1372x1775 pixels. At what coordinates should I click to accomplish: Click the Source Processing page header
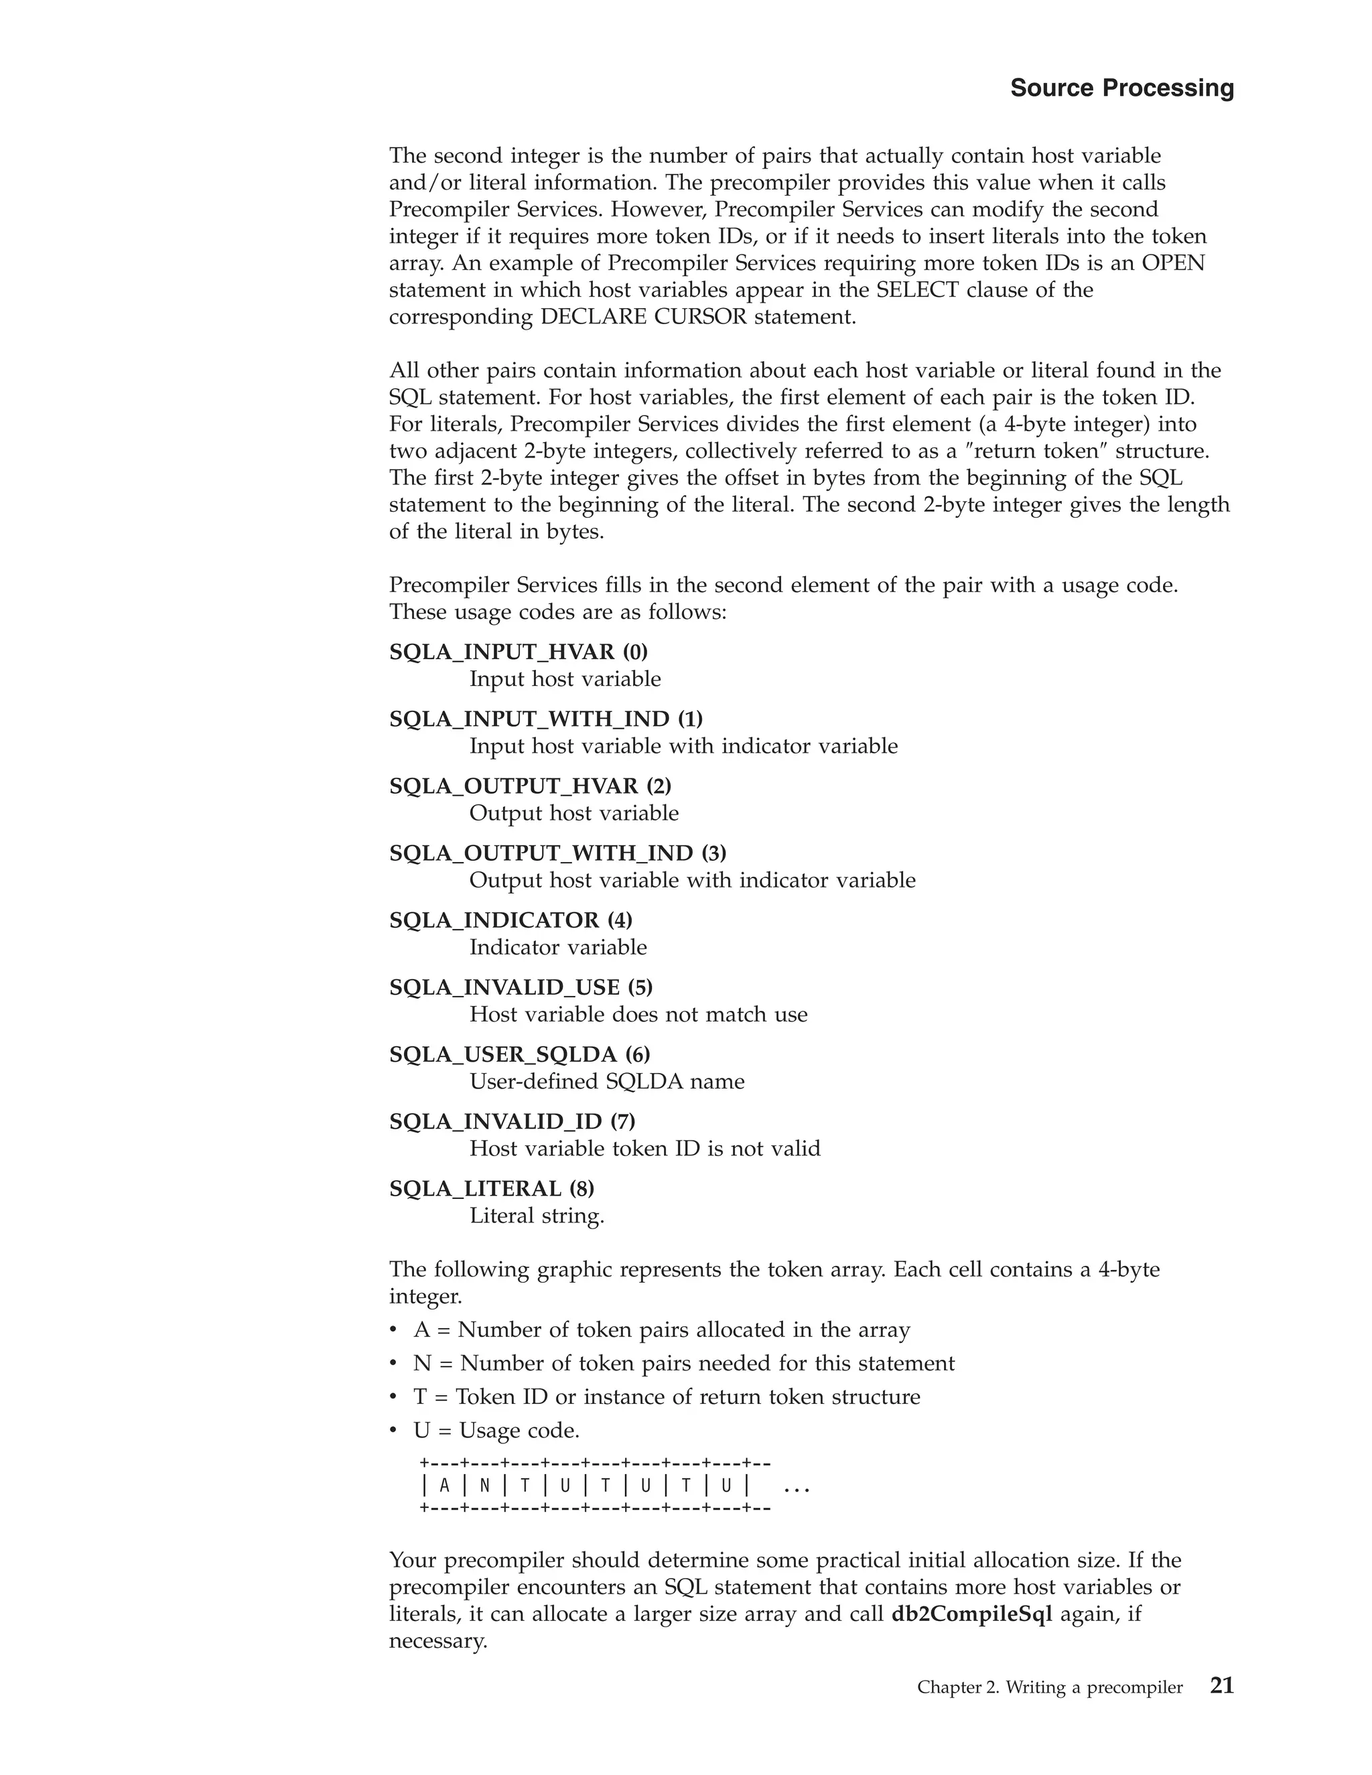1121,88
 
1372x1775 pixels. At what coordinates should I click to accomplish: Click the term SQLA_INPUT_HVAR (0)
519,652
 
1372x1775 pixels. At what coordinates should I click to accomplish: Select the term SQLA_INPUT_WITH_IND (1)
545,719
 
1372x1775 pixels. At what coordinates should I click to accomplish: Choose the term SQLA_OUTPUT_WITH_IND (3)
557,853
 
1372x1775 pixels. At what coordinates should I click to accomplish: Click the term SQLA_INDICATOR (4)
510,920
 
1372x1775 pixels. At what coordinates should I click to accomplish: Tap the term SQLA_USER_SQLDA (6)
519,1054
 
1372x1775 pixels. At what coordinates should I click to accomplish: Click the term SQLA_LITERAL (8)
492,1188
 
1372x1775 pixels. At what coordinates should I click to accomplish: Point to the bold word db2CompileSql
971,1614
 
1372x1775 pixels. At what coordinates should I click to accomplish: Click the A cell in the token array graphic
443,1486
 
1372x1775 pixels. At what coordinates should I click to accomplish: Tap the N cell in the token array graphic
484,1486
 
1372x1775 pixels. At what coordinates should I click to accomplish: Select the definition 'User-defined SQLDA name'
606,1081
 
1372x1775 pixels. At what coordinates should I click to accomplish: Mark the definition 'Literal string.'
537,1216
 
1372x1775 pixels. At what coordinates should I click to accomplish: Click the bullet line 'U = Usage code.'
496,1431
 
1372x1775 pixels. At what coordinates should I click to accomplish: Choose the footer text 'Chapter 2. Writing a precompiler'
1049,1687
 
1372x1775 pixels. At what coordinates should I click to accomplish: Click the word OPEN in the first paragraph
1173,263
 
